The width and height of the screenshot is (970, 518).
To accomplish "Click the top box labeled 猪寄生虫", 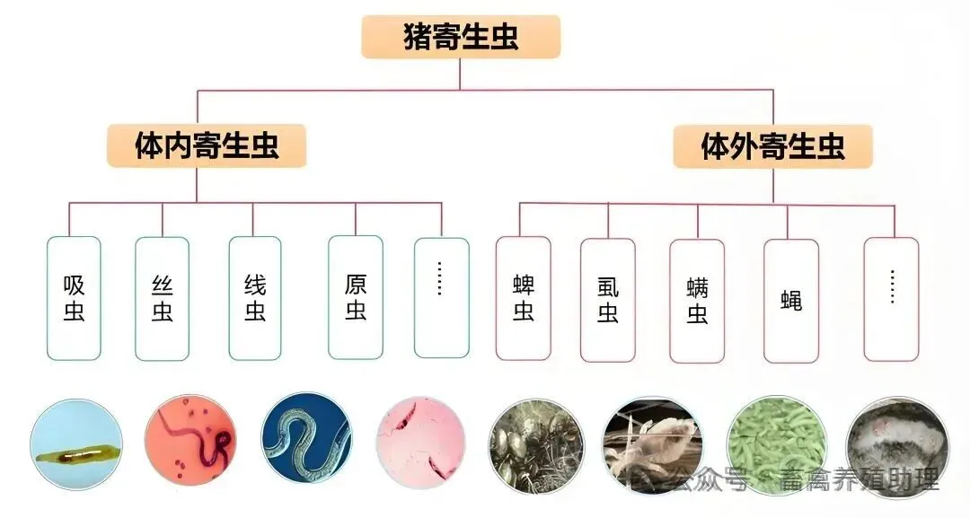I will click(461, 38).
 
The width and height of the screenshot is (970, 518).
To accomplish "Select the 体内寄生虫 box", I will click(207, 145).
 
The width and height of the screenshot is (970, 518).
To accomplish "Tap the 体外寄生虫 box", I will click(772, 145).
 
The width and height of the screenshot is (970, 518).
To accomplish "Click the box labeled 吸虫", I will click(74, 298).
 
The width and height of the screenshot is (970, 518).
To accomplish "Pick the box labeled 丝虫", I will click(162, 298).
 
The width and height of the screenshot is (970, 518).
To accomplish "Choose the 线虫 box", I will click(255, 298).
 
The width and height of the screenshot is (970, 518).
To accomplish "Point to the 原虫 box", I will click(355, 298).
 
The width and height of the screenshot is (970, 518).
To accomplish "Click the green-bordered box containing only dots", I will click(441, 298).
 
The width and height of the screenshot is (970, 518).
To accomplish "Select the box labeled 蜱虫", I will click(524, 298).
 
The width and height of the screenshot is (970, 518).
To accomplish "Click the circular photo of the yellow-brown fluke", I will click(75, 445).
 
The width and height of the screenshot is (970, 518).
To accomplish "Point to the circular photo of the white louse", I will click(651, 445).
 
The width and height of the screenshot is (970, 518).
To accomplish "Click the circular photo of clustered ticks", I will click(536, 445).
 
